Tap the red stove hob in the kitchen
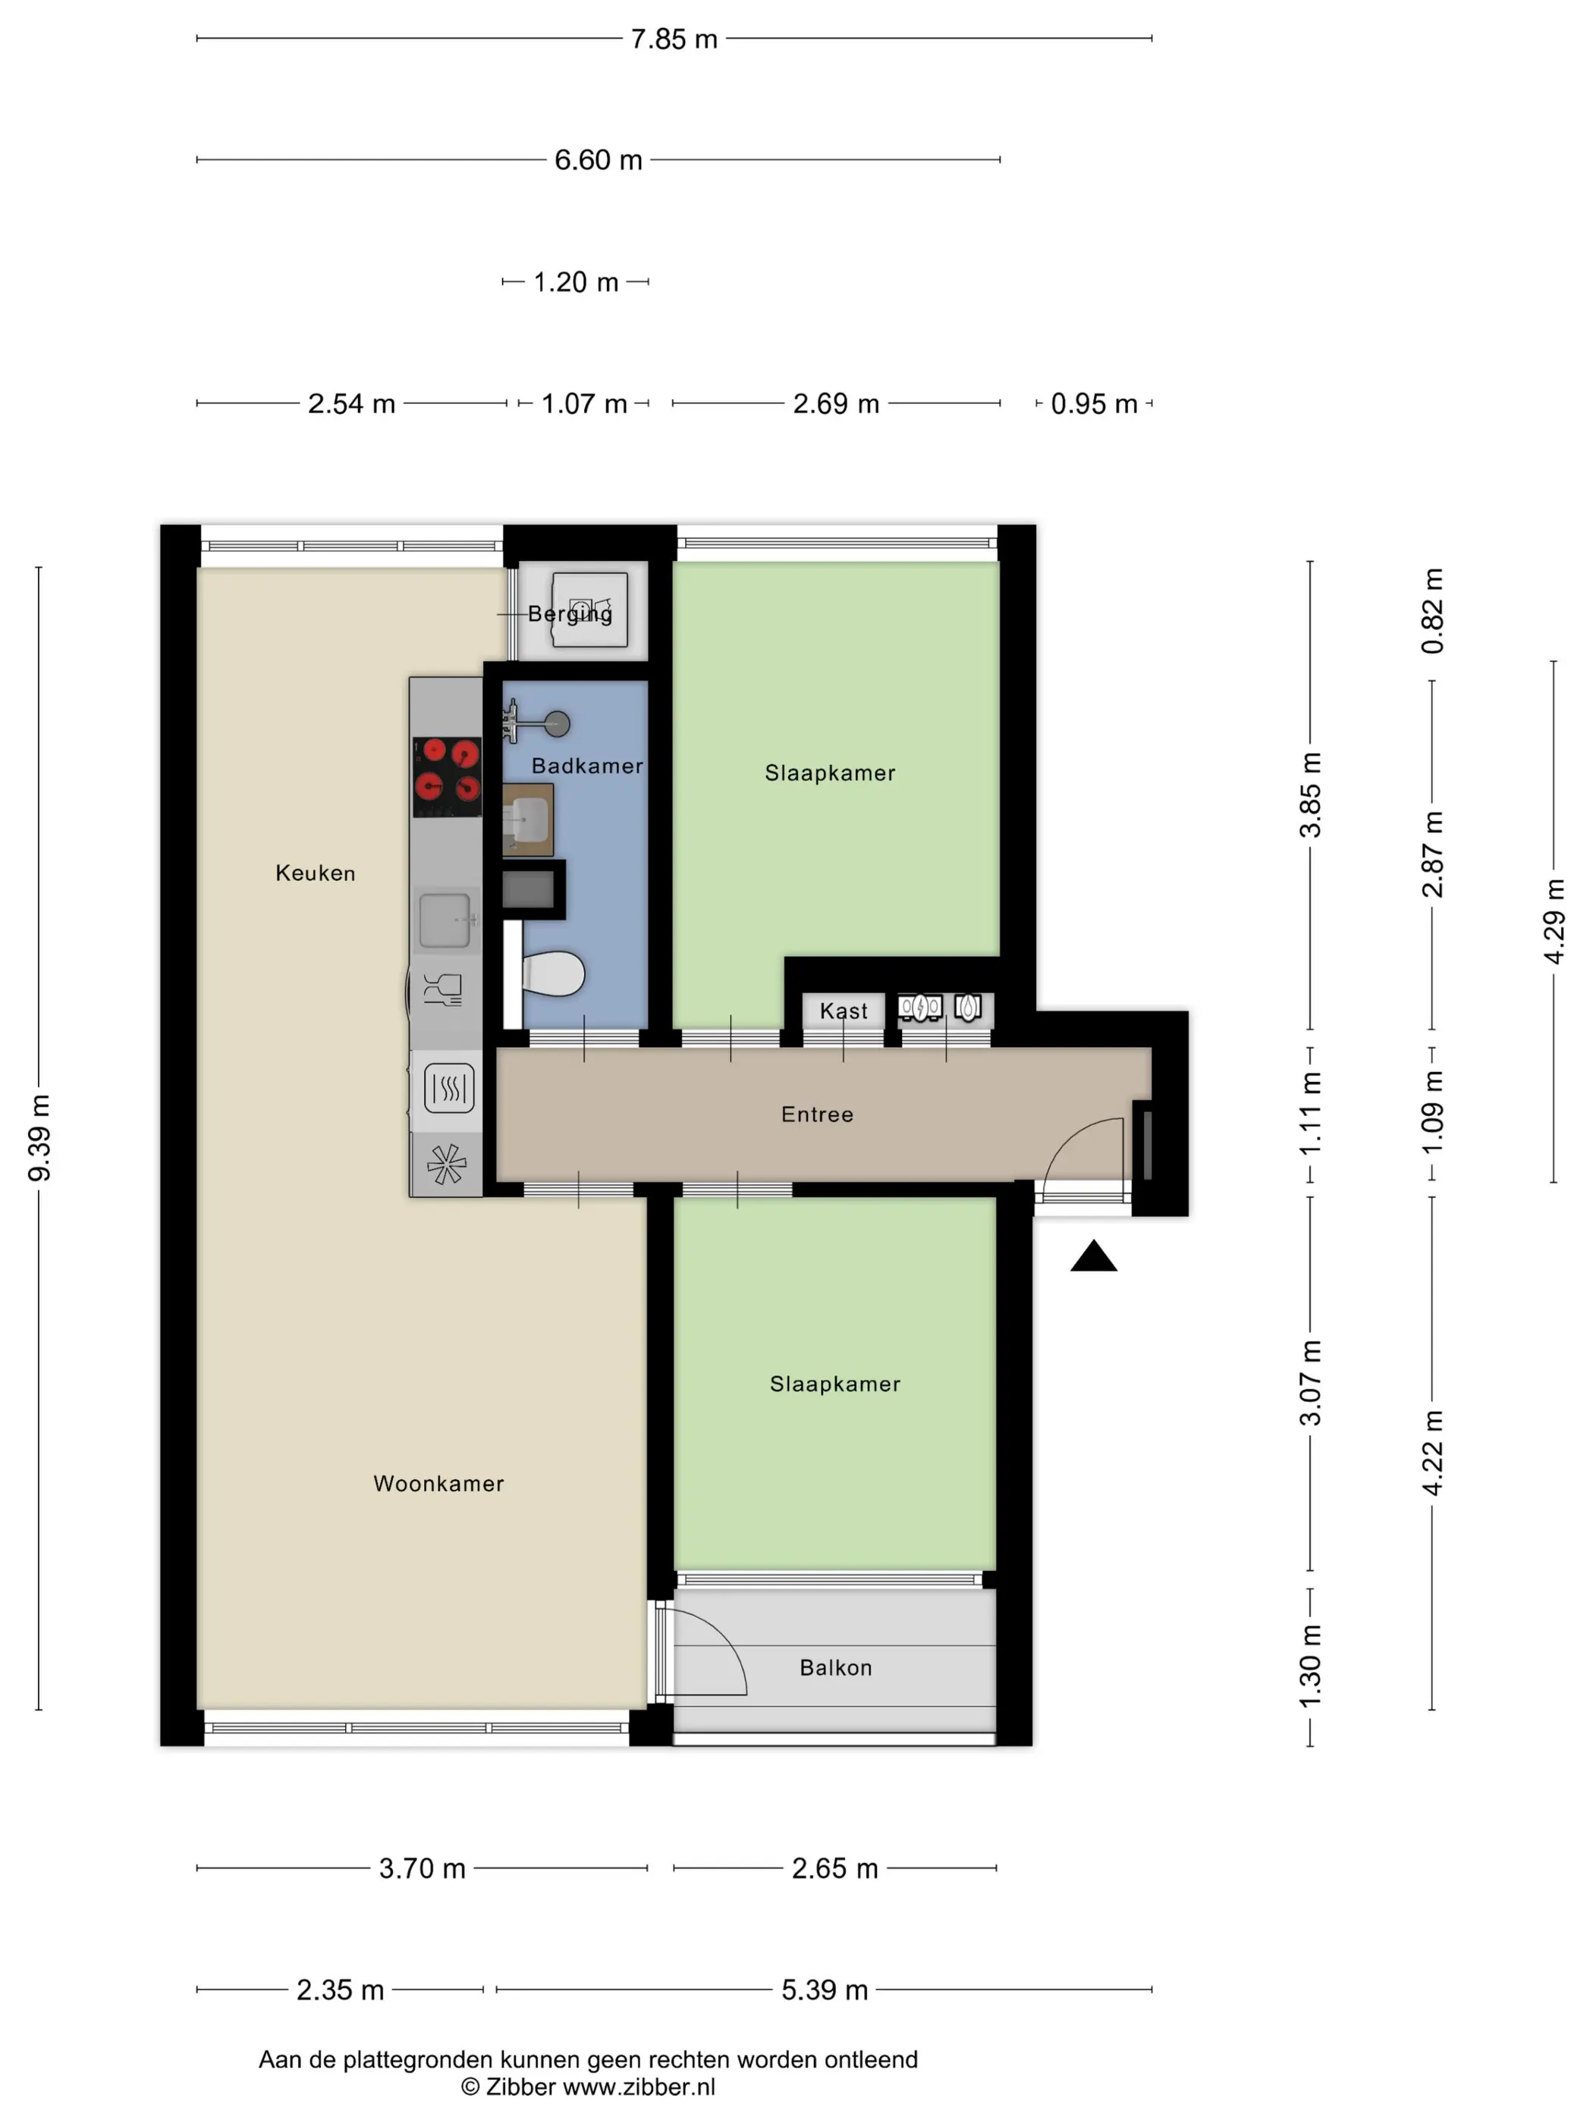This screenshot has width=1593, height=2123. [x=447, y=776]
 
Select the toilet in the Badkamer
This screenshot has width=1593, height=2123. [x=553, y=974]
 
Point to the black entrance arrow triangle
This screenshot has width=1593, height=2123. [x=1093, y=1256]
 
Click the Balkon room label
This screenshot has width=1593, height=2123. [x=835, y=1667]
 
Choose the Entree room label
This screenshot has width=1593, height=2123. [x=817, y=1115]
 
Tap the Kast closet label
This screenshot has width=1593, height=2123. [x=843, y=1011]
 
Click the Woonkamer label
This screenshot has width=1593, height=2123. [x=438, y=1483]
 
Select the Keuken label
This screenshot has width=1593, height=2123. [x=315, y=873]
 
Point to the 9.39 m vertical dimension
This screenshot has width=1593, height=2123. [x=39, y=1137]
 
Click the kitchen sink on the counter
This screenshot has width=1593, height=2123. [x=445, y=920]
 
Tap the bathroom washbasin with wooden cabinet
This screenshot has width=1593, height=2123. [x=528, y=820]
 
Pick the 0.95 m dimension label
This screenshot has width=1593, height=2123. [x=1094, y=404]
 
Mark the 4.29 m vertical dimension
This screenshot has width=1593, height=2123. [x=1554, y=921]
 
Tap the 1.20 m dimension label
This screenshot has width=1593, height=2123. [x=575, y=282]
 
